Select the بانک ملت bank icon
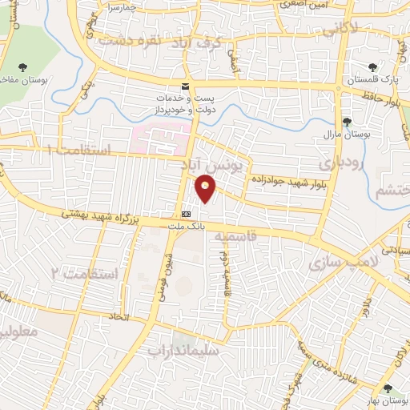point(186,215)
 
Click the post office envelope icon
point(187,86)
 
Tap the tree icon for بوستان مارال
point(347,122)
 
